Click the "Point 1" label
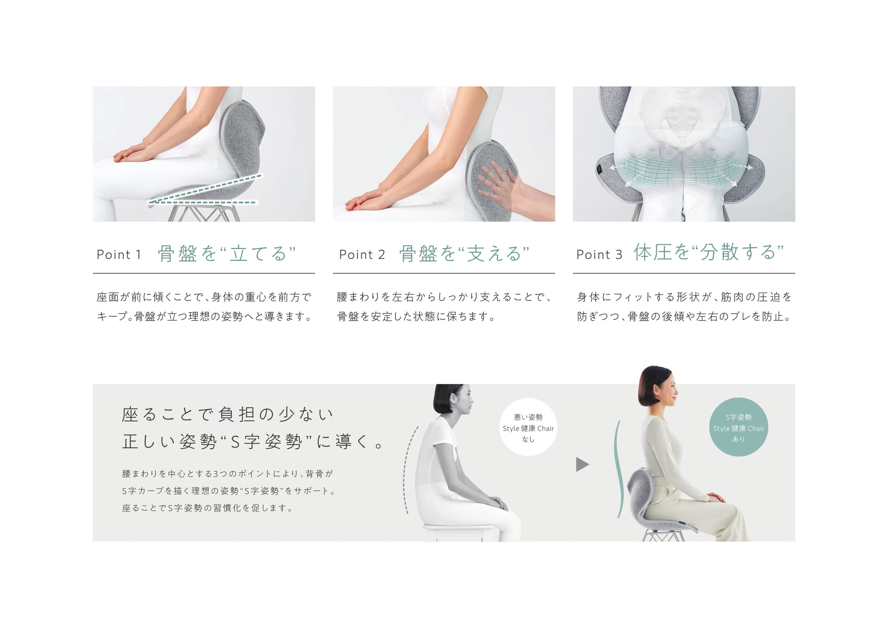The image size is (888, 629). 119,254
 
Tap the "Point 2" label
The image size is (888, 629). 362,254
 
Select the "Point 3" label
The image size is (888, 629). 599,254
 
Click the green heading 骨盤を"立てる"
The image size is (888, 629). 227,253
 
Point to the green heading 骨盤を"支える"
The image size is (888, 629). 464,253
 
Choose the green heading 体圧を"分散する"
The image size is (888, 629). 709,252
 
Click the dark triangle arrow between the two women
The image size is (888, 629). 582,464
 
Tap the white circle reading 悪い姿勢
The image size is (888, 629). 528,427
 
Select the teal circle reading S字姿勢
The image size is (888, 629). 739,427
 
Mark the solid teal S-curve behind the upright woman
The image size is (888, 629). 617,469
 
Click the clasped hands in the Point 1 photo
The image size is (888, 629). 134,153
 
